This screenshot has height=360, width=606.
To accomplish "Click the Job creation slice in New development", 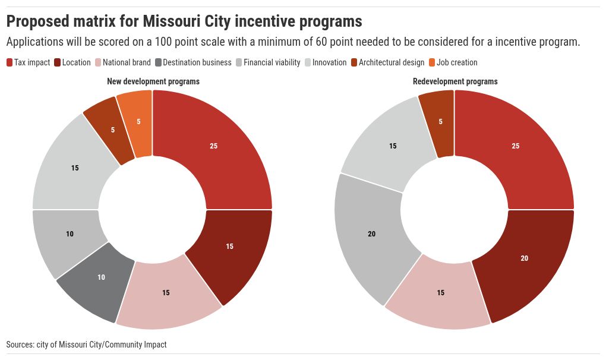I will click(x=137, y=122).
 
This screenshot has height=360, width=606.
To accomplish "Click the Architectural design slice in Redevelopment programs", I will click(x=440, y=122).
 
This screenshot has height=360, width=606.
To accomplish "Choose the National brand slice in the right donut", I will click(x=440, y=293).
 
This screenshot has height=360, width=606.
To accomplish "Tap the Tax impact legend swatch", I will click(x=10, y=62).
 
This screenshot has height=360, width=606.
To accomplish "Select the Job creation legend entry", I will click(x=457, y=62).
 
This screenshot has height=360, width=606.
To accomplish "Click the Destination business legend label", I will click(x=197, y=62).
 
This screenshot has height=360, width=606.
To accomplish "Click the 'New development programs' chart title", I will click(x=153, y=81).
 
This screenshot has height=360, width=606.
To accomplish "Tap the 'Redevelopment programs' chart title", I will click(x=455, y=81).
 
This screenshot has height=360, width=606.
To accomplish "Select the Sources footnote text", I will click(x=87, y=345).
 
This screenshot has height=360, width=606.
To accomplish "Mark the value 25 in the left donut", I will click(x=214, y=146).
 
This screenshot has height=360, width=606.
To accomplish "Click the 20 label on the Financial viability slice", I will click(x=371, y=234).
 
